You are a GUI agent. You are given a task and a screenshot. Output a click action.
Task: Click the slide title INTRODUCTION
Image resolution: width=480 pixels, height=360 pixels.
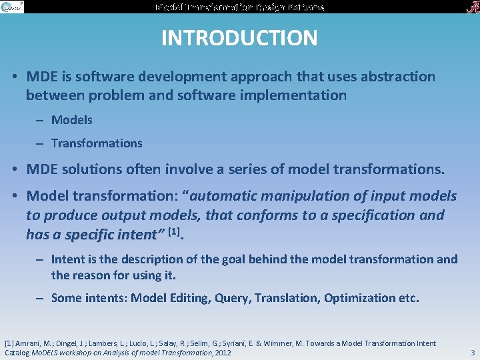click(x=239, y=38)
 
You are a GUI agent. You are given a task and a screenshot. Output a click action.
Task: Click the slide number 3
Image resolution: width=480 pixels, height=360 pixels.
click(x=472, y=351)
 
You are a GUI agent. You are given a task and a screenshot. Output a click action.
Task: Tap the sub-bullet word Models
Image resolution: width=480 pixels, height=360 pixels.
click(x=72, y=120)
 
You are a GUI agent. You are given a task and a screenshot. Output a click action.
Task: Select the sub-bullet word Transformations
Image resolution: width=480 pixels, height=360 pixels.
click(x=97, y=143)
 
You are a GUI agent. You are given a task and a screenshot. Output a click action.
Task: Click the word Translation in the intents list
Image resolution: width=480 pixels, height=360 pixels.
click(x=286, y=298)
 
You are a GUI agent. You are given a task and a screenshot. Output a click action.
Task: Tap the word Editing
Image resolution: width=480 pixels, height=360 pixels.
click(x=188, y=298)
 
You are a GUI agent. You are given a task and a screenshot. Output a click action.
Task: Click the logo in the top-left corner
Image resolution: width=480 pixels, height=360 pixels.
click(x=13, y=7)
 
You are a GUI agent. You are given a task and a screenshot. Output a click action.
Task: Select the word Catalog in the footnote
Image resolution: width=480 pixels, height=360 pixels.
click(x=18, y=352)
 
